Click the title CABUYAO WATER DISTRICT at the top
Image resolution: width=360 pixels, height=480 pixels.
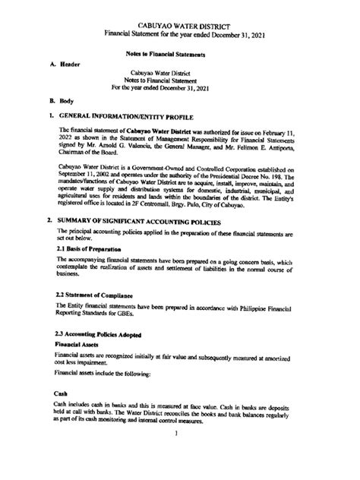180,26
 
